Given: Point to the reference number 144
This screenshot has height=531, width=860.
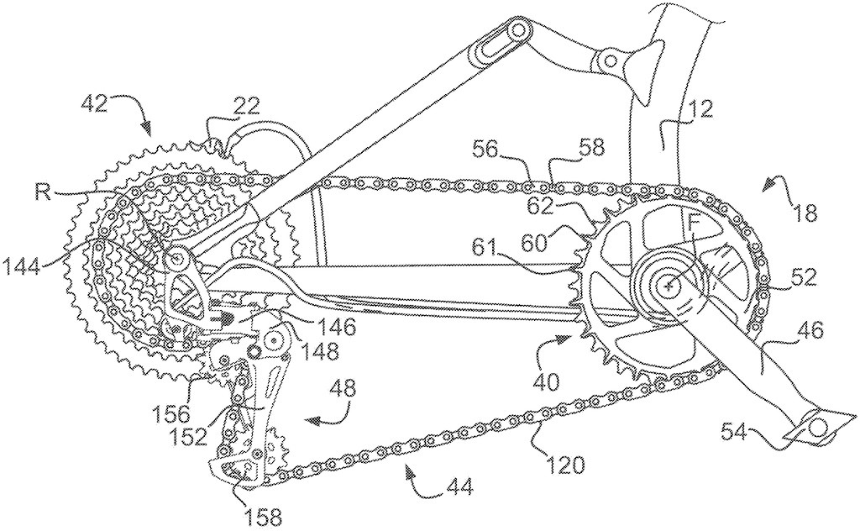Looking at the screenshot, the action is click(x=23, y=268).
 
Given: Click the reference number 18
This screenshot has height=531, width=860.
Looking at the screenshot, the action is click(x=804, y=213).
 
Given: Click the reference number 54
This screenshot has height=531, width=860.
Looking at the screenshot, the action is click(x=734, y=434).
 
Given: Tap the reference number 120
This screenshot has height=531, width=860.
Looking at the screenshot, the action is click(x=564, y=465).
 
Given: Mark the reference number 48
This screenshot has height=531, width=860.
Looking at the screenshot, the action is click(x=342, y=389).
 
